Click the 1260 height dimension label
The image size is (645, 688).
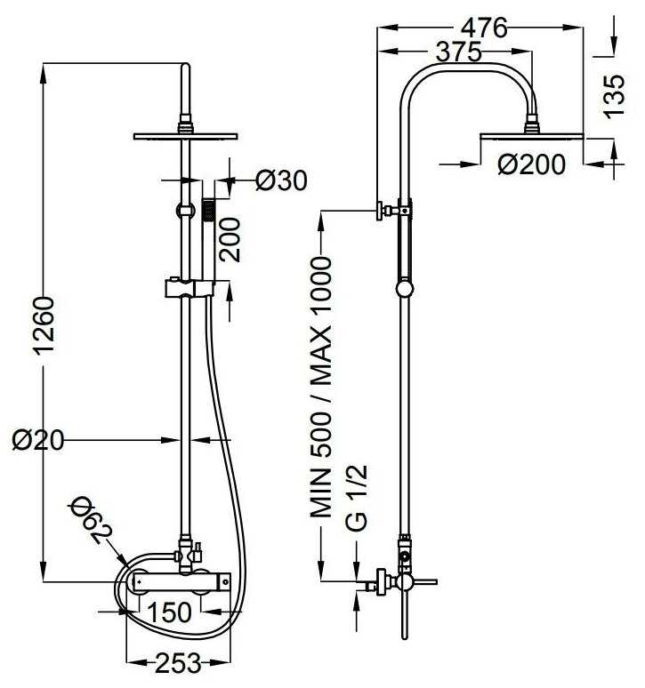click(x=44, y=325)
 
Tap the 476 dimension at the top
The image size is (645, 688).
click(x=484, y=28)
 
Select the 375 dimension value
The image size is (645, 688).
click(x=459, y=52)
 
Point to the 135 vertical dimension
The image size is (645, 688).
click(x=613, y=96)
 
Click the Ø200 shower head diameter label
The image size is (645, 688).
click(x=532, y=164)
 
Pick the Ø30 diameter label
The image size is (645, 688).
click(x=281, y=180)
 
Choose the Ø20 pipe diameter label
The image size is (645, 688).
click(x=38, y=440)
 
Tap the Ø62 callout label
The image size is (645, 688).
click(x=91, y=520)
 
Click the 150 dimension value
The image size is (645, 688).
click(x=169, y=612)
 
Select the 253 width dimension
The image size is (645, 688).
click(x=178, y=662)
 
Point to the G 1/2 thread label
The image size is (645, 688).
click(x=356, y=498)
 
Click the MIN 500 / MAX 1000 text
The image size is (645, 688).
click(x=320, y=388)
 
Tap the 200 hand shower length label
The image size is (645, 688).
click(x=230, y=240)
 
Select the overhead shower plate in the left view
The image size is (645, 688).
click(x=185, y=136)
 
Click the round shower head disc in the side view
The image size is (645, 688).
click(x=532, y=137)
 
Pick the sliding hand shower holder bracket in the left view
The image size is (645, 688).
click(x=189, y=288)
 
